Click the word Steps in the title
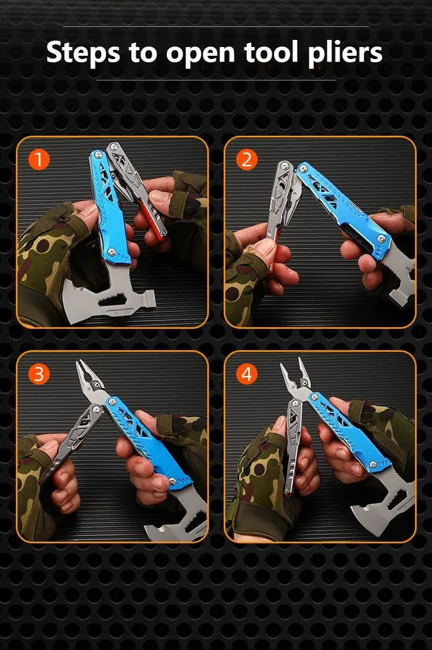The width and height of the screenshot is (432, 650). coord(84,53)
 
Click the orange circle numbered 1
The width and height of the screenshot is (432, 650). coord(39,159)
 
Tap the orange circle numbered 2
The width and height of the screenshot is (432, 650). coord(246,159)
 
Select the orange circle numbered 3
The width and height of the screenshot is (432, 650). coord(39,374)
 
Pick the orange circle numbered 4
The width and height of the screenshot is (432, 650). coord(246,374)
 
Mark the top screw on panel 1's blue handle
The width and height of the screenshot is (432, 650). coord(98,155)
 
